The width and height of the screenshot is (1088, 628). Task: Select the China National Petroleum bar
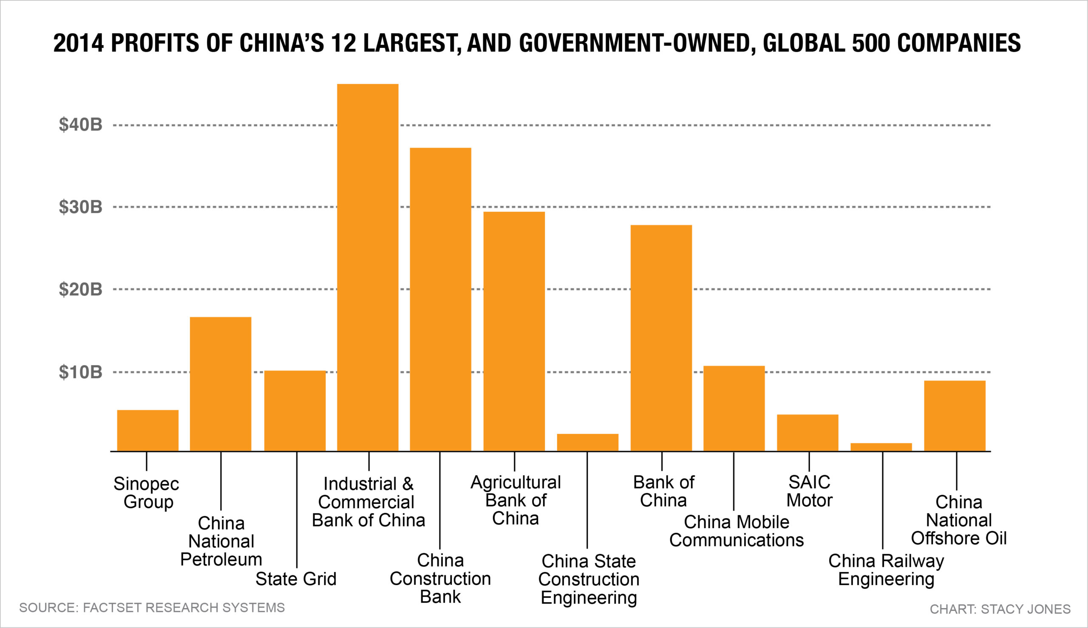click(221, 384)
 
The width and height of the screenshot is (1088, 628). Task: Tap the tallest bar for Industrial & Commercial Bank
click(368, 268)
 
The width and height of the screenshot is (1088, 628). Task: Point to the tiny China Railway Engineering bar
click(881, 447)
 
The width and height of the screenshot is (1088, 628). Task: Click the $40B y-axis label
click(81, 125)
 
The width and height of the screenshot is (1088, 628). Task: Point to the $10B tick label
click(81, 372)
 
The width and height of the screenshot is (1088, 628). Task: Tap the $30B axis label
click(81, 207)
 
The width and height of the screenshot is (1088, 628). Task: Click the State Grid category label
click(296, 579)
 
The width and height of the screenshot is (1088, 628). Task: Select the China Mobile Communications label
click(736, 531)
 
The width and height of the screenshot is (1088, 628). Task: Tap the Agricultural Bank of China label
click(515, 500)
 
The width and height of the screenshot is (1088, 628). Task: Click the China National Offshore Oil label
click(958, 520)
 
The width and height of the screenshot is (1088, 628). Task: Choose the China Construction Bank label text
click(440, 578)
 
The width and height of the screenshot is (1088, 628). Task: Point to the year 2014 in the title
click(79, 43)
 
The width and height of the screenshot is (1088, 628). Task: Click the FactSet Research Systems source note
click(152, 608)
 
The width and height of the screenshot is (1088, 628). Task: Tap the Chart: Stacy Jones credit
click(1000, 609)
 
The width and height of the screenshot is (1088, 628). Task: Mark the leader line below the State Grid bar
click(297, 509)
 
